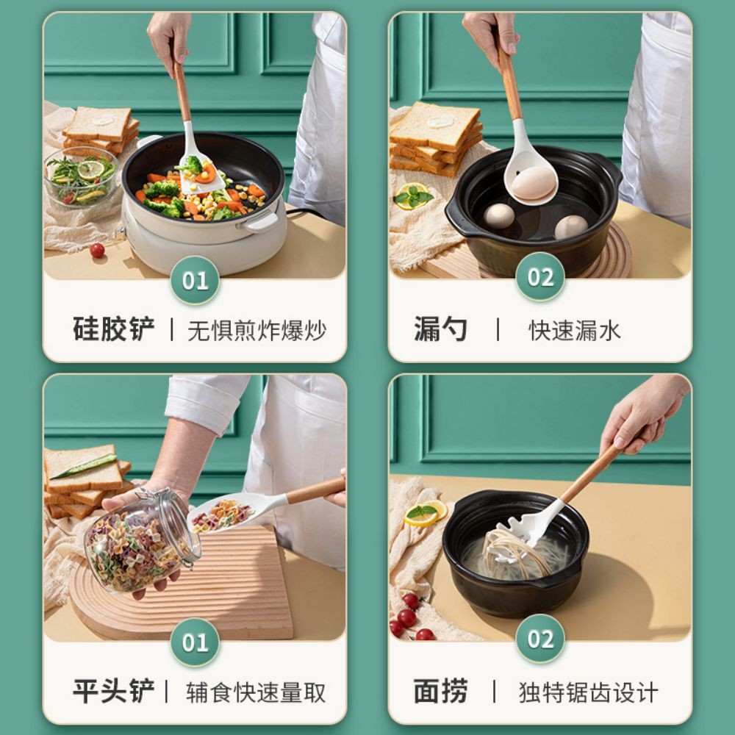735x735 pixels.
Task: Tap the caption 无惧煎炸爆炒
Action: (x=257, y=330)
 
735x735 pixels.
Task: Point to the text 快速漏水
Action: (x=575, y=330)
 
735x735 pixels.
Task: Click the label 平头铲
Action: (x=114, y=692)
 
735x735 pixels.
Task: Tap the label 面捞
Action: (x=440, y=692)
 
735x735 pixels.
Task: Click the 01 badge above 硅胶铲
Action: (x=195, y=280)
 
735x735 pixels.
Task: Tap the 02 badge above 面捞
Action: (x=540, y=639)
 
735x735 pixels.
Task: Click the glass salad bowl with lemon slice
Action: (x=81, y=176)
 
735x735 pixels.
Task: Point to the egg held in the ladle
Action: (x=533, y=182)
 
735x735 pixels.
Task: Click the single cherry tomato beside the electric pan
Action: (x=97, y=251)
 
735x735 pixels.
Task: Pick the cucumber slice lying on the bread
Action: (x=84, y=465)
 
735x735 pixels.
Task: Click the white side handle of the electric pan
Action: (x=261, y=223)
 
